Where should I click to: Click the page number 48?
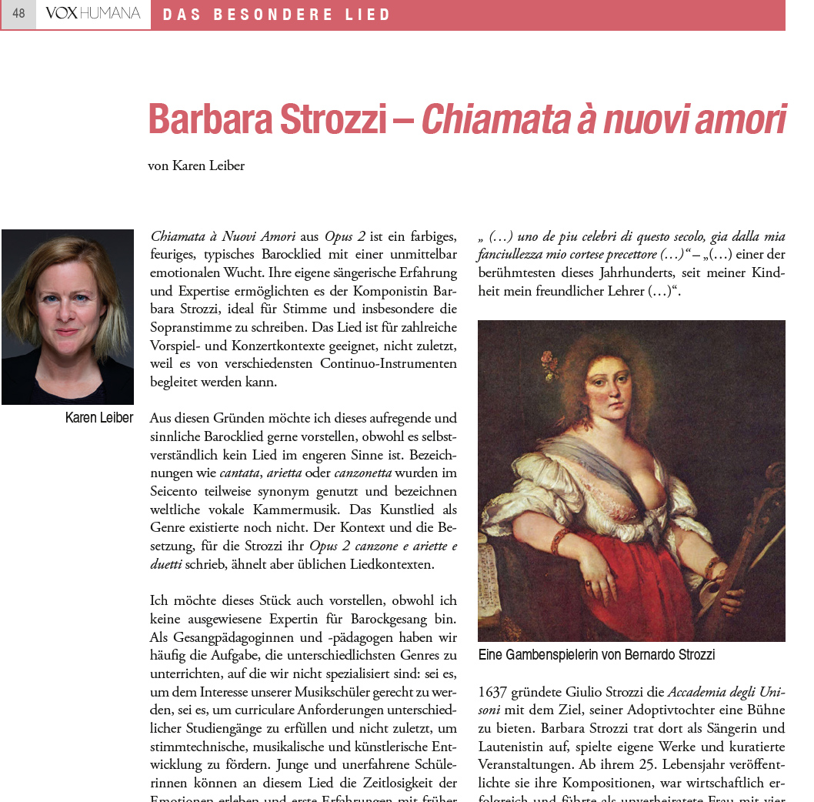(x=18, y=14)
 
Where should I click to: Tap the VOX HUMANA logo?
(x=93, y=14)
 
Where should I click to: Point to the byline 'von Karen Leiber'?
(x=196, y=165)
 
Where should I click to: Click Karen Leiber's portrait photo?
(x=68, y=316)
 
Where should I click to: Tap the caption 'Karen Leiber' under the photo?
(x=99, y=418)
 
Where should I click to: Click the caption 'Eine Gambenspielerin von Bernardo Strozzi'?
(x=596, y=655)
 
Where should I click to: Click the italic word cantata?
(x=239, y=473)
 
